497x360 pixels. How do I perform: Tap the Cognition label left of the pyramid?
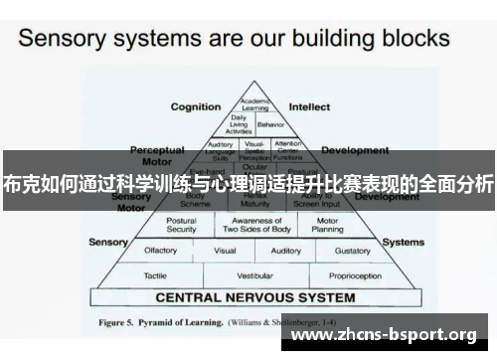(196, 106)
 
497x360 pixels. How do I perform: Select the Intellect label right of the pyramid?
(309, 106)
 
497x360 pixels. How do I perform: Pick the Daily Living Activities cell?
(240, 124)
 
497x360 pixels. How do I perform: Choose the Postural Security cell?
(182, 226)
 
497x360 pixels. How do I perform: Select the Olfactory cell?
(161, 251)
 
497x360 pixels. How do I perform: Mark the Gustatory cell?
(353, 251)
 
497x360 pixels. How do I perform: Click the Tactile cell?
(154, 274)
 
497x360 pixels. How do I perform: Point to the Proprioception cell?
(352, 274)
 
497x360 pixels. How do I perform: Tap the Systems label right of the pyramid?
(404, 242)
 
